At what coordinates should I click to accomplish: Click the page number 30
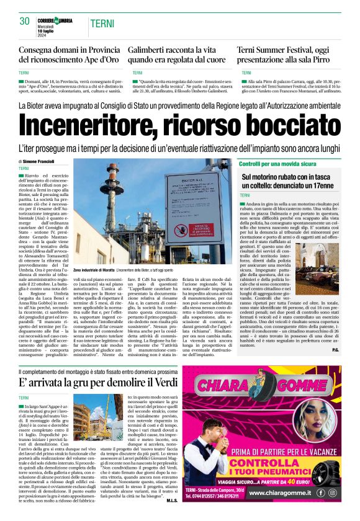pyautogui.click(x=25, y=21)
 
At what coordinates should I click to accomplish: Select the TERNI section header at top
pyautogui.click(x=101, y=24)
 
